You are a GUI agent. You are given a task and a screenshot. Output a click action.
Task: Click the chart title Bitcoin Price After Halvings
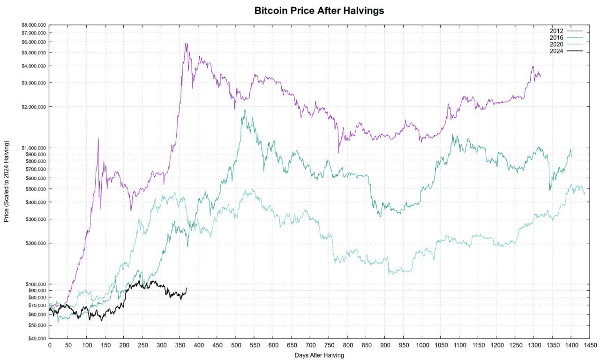319,10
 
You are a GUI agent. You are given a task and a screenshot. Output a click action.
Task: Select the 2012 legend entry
556,31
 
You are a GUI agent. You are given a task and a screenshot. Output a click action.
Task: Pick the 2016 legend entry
556,37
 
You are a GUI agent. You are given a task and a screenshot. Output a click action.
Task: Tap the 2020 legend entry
556,44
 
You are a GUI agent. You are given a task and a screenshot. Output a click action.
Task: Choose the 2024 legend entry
556,51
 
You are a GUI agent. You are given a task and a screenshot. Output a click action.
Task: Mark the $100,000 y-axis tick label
34,284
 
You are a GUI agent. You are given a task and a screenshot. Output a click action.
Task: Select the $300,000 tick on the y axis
34,219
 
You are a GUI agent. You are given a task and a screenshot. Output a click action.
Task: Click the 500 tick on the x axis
235,345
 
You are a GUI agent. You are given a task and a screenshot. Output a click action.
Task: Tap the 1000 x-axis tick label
422,345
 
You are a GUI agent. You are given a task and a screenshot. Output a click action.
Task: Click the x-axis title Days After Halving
319,355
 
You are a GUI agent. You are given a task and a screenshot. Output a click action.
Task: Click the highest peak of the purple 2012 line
186,44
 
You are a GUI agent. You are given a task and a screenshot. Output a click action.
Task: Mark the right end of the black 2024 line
187,288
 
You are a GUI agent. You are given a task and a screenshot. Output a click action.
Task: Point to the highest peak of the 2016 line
245,110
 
